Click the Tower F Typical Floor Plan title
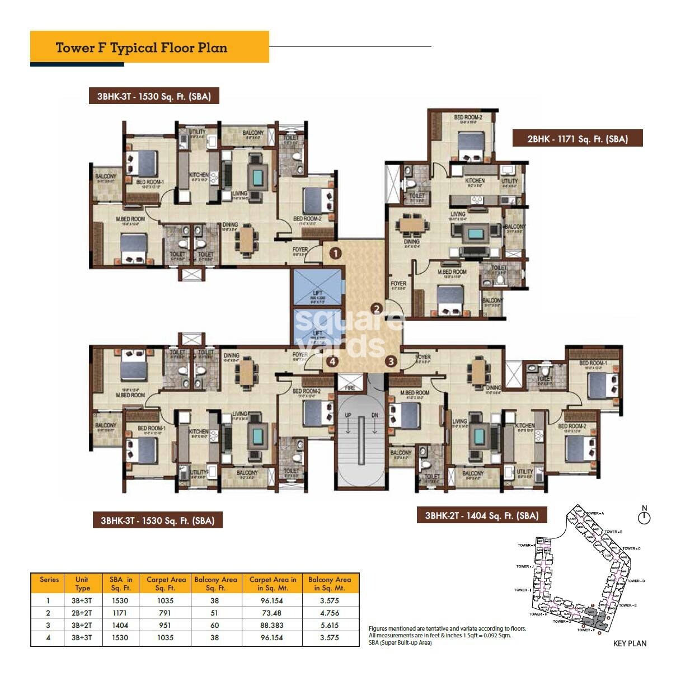pos(142,47)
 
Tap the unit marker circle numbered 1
pos(335,253)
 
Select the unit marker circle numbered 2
pos(377,308)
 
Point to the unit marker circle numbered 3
pos(391,362)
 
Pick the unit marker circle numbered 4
pos(332,362)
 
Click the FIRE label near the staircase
pos(350,387)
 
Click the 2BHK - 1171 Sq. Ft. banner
pos(577,139)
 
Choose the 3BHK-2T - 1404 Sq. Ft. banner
pos(481,515)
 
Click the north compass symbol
pos(644,517)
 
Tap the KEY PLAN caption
pos(630,644)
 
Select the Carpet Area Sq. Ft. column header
pos(166,584)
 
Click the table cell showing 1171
pos(120,613)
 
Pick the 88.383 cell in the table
pos(272,625)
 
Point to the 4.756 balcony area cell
pos(329,613)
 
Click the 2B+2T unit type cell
pos(82,613)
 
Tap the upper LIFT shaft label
pos(317,293)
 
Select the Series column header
pos(49,580)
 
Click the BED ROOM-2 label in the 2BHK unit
pos(468,118)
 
